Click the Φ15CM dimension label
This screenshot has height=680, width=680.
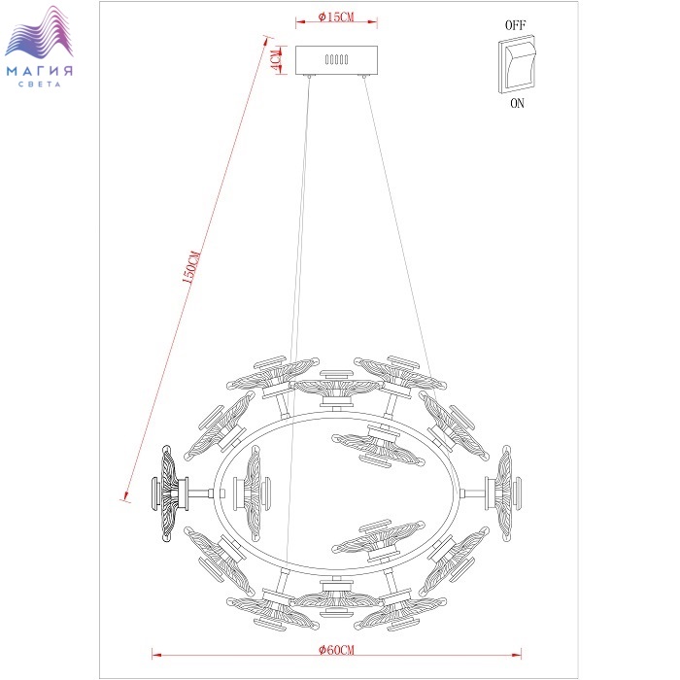[x=336, y=17]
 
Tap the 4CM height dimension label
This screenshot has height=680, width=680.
[x=276, y=60]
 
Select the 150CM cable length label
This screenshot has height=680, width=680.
[x=191, y=267]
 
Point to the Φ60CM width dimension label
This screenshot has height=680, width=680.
[x=336, y=650]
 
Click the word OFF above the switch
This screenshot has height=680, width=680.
[x=515, y=25]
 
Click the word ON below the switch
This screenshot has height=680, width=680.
[x=517, y=103]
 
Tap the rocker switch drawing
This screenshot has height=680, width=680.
[x=517, y=64]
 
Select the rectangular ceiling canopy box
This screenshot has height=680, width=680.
[x=336, y=60]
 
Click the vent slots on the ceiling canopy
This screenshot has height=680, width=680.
[x=336, y=59]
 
